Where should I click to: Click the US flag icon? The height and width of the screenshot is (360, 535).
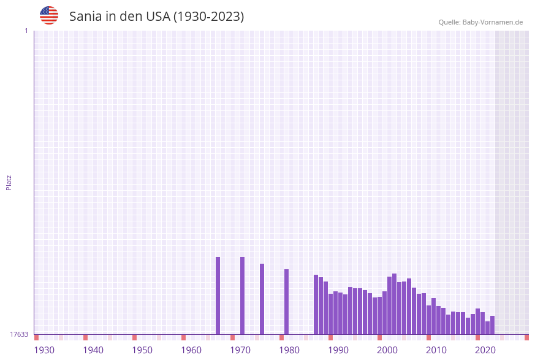(49, 15)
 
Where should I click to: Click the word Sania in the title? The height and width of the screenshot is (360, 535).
(85, 17)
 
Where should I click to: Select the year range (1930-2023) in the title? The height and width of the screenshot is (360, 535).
(208, 17)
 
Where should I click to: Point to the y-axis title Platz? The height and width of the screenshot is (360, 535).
(9, 182)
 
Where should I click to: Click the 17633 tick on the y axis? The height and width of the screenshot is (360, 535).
(19, 334)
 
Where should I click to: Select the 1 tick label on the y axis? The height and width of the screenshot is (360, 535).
(26, 31)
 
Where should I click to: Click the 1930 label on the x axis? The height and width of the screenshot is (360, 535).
(44, 350)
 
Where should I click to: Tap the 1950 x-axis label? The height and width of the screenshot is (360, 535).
(142, 350)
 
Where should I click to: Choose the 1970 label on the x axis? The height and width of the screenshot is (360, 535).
(240, 350)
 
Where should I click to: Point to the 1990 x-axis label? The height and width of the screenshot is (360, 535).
(338, 350)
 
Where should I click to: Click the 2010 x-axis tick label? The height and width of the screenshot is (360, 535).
(436, 350)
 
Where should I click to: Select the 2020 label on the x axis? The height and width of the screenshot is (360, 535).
(485, 350)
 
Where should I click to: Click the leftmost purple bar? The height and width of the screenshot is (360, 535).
(218, 296)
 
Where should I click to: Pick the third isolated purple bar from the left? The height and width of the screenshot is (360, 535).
(262, 299)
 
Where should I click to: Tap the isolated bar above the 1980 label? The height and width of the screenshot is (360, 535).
(286, 302)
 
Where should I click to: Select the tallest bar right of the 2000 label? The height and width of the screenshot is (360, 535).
(394, 304)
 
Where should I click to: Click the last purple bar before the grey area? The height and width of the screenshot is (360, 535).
(492, 325)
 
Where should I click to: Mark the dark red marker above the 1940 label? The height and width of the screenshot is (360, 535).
(85, 337)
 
